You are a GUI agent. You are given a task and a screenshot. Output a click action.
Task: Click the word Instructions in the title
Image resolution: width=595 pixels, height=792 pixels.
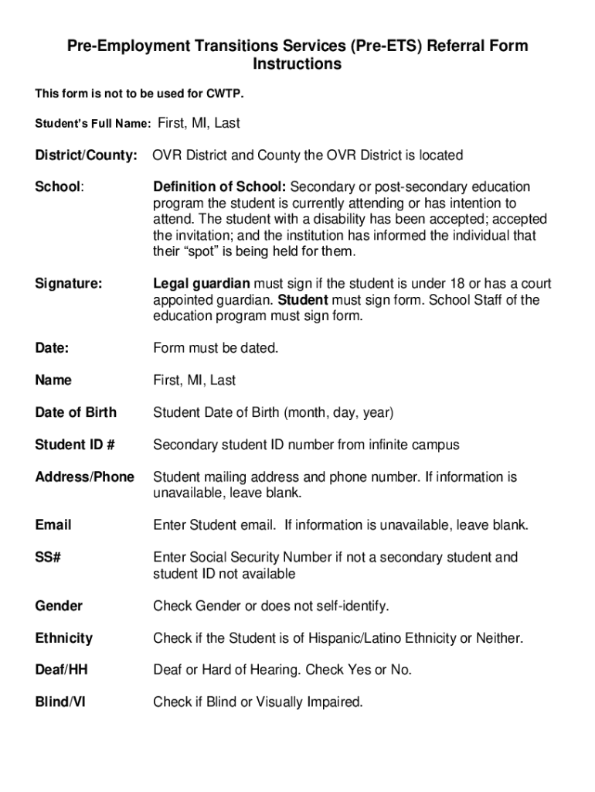[297, 64]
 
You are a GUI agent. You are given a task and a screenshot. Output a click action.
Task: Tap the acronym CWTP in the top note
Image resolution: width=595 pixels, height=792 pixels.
[224, 94]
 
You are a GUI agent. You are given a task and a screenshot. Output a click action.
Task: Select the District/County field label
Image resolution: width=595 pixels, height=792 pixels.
[87, 155]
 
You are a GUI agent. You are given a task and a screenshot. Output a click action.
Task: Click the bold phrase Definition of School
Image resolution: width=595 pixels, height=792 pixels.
[220, 187]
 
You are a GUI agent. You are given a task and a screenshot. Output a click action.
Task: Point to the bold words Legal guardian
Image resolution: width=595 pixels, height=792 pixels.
[202, 284]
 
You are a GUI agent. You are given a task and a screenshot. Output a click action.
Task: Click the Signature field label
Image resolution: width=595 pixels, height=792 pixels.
[68, 284]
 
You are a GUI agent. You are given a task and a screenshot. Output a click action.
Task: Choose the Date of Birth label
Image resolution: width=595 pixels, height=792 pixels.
[76, 413]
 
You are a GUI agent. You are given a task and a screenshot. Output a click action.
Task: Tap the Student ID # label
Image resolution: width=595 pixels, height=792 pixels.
[75, 445]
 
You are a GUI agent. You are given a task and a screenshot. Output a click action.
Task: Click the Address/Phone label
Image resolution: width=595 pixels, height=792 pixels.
[84, 477]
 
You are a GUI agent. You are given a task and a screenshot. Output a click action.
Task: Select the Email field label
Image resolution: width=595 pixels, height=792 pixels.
[53, 525]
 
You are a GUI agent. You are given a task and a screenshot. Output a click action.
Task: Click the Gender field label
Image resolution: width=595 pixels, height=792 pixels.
[59, 606]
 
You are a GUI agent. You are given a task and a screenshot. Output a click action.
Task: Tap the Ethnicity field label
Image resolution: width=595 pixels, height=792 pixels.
[63, 638]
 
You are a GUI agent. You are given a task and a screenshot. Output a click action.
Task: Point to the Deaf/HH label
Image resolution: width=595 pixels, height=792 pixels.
[61, 671]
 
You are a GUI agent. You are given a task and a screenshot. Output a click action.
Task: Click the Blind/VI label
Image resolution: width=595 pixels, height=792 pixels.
[60, 702]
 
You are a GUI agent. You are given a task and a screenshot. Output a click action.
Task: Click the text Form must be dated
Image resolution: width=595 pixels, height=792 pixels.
[216, 348]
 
